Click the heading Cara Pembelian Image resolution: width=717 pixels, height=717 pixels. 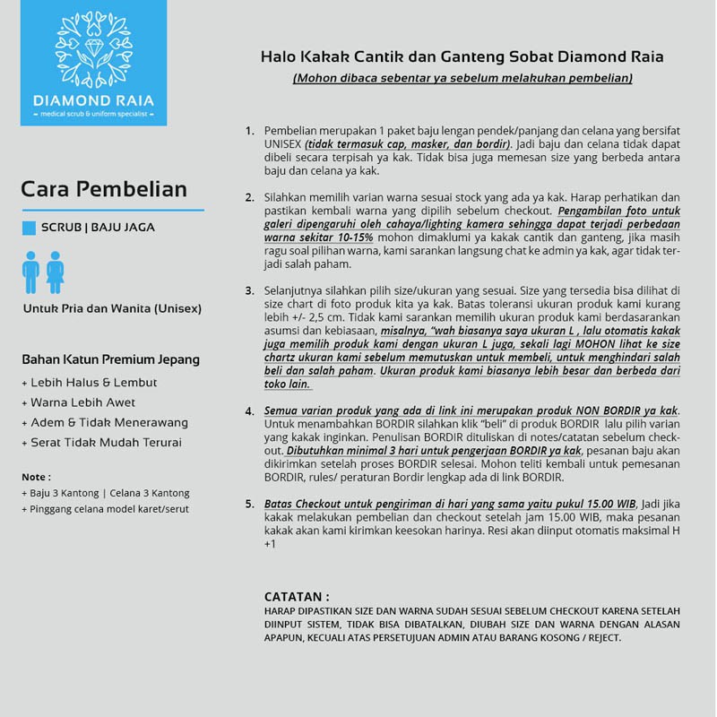point(104,189)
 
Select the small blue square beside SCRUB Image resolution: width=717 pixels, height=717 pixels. point(29,228)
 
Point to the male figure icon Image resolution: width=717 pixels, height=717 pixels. point(31,272)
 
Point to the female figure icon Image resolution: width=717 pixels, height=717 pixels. point(55,272)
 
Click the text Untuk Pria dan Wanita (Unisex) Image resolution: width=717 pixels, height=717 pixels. point(112,308)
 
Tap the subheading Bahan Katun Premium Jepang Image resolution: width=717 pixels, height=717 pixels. point(110,359)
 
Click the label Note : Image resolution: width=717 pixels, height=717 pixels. point(36,477)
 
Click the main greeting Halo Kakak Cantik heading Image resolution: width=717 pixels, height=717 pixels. point(462,56)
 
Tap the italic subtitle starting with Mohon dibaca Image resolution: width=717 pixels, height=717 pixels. point(462,78)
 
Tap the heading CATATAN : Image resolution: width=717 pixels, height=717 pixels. point(297,596)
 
